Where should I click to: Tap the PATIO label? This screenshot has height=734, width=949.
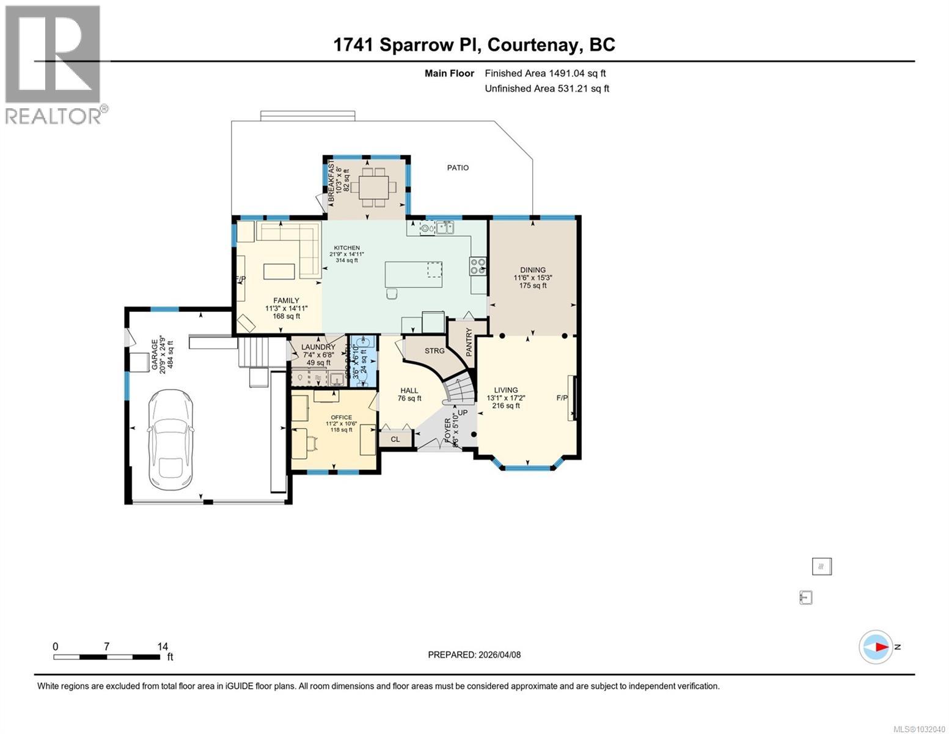[458, 168]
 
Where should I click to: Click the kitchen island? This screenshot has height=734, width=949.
[414, 274]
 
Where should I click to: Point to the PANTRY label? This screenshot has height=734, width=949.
[469, 343]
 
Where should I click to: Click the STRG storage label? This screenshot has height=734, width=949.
[434, 351]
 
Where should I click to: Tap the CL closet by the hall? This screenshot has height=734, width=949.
[395, 439]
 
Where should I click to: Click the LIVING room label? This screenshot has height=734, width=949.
[506, 390]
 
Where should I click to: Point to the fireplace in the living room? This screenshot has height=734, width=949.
[572, 398]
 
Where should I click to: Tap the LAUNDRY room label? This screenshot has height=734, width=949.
[318, 347]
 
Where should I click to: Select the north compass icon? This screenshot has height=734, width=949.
[876, 647]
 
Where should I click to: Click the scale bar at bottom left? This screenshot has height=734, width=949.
[106, 657]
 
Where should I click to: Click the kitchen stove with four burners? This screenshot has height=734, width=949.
[477, 265]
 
